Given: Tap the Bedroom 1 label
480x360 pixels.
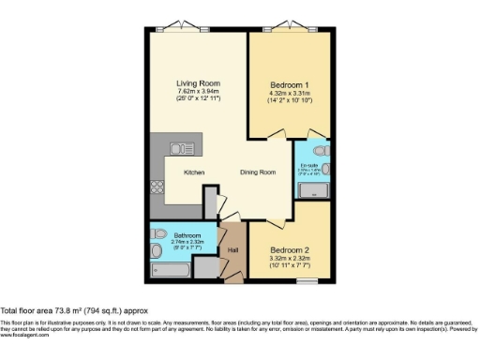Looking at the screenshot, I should [288, 83].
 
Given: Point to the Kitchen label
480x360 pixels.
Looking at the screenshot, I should [195, 172].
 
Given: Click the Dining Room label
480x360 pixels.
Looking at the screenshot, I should [258, 172].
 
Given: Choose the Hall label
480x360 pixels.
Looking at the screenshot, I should [232, 249].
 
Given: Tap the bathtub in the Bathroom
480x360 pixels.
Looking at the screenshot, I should [169, 269].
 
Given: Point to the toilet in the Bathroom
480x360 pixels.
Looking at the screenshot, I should [157, 234].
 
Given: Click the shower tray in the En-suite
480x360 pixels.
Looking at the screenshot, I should [313, 190].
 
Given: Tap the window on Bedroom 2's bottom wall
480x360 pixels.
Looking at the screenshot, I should [304, 279].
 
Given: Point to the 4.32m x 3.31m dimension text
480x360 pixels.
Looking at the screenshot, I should [288, 93].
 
